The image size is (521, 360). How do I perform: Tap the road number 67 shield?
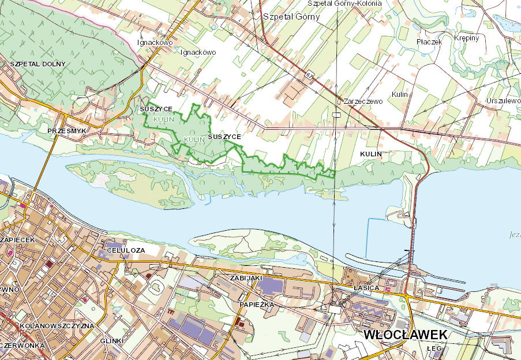(310, 75)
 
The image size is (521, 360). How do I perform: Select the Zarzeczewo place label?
(363, 101)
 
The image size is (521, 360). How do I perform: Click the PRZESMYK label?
(67, 132)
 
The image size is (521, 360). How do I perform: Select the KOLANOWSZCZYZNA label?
(56, 326)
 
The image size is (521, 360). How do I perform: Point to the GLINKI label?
(112, 341)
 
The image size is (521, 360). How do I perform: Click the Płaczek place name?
(429, 42)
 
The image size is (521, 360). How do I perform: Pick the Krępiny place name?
(466, 37)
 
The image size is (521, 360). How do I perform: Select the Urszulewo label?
(503, 100)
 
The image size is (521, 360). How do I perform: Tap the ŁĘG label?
(434, 349)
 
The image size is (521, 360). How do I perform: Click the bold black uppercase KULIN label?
(372, 155)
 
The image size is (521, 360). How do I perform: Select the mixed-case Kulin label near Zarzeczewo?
(399, 94)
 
